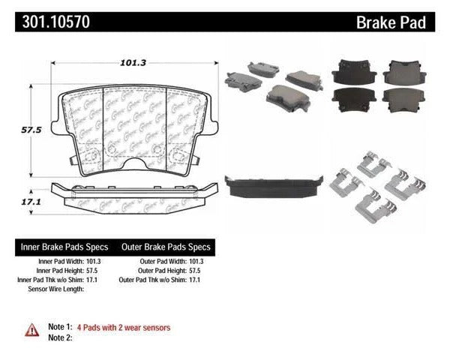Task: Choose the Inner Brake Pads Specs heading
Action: click(63, 247)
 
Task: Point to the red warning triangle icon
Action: click(32, 328)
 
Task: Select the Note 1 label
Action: click(58, 328)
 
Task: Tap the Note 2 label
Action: click(58, 338)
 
